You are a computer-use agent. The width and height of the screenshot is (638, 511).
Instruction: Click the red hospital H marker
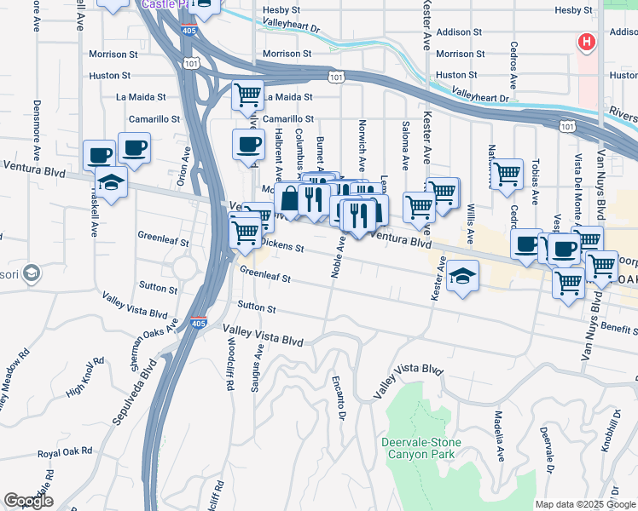(x=587, y=42)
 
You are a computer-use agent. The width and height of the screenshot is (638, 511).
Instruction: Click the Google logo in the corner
(x=28, y=501)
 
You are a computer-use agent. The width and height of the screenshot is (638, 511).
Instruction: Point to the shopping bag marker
(x=290, y=199)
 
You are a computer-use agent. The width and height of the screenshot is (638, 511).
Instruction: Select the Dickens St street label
(x=282, y=248)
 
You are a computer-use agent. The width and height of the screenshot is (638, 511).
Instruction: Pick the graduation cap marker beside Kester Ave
(x=461, y=277)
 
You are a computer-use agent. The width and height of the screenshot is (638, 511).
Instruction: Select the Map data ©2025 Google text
(x=584, y=504)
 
